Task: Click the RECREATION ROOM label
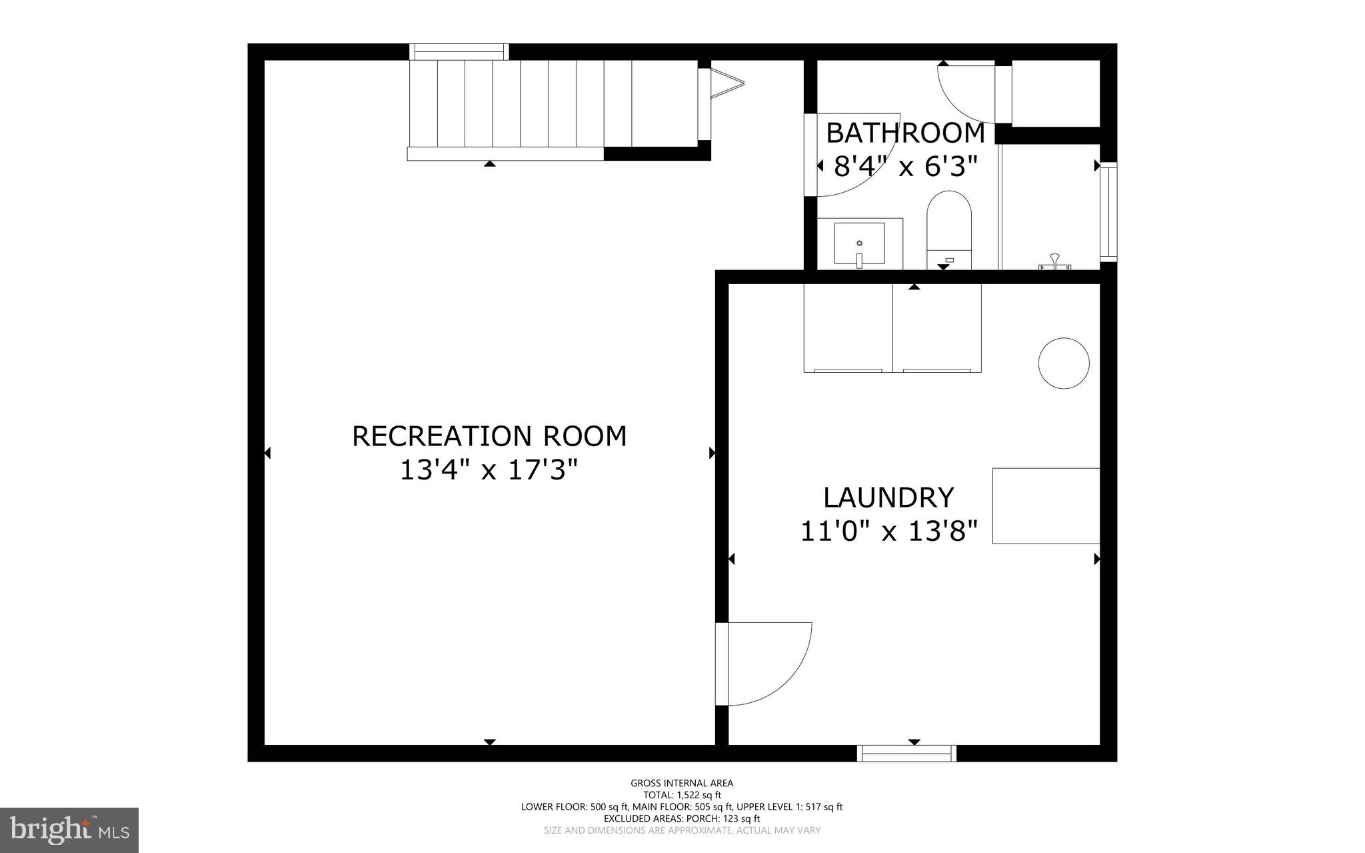(x=489, y=436)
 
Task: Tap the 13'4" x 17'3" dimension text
(x=488, y=470)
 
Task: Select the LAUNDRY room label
(x=888, y=498)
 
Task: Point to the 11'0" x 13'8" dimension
(x=888, y=532)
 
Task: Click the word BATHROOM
(x=905, y=133)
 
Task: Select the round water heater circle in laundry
(x=1064, y=363)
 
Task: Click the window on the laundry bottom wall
(x=906, y=753)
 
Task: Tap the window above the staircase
(x=459, y=51)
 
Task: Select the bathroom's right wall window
(x=1108, y=211)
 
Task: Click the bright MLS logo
(x=69, y=830)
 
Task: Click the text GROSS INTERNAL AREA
(x=682, y=783)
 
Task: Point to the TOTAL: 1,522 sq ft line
(x=682, y=795)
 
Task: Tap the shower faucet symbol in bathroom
(x=1054, y=262)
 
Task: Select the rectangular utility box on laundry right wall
(x=1045, y=506)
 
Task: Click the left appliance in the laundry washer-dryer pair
(x=848, y=328)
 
